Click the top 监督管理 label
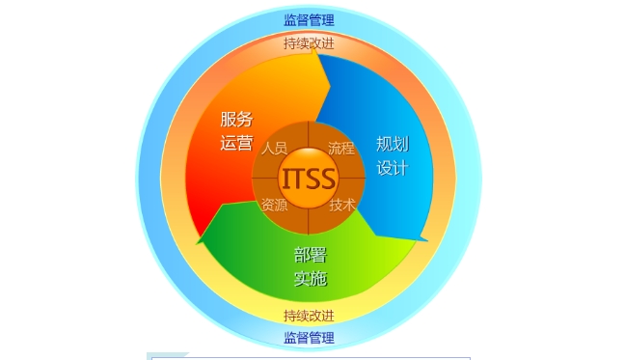(x=309, y=19)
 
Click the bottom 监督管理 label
(x=309, y=338)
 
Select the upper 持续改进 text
(x=309, y=42)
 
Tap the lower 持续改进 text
(x=309, y=316)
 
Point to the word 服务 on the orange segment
(x=236, y=120)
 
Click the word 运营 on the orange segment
(x=236, y=144)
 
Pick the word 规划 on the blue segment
(x=393, y=145)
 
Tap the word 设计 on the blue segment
(x=393, y=168)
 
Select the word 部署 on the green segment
(x=311, y=256)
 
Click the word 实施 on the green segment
(x=311, y=279)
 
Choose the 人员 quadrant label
(x=275, y=149)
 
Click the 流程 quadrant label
(x=341, y=149)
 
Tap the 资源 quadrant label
(x=275, y=205)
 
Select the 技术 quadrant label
(x=341, y=205)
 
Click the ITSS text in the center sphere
(x=309, y=179)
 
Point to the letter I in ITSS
(x=286, y=179)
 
